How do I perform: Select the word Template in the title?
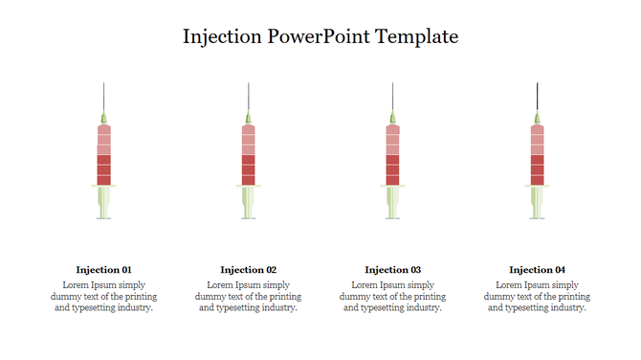click(x=417, y=37)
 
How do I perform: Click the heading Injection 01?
click(x=103, y=270)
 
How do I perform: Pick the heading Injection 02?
click(x=248, y=270)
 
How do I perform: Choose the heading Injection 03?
click(x=392, y=270)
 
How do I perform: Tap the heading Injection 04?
click(x=537, y=270)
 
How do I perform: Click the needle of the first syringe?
click(x=104, y=98)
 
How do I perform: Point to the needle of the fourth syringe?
click(x=538, y=98)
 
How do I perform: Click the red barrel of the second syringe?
click(x=249, y=155)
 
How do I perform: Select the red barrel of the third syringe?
click(x=393, y=155)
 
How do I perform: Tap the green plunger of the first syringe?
click(x=104, y=202)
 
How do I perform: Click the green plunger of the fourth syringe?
click(x=538, y=202)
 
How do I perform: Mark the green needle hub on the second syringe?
click(x=249, y=119)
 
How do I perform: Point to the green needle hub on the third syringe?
click(x=393, y=119)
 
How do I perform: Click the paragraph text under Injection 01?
click(x=103, y=296)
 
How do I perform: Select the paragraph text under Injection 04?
click(x=537, y=296)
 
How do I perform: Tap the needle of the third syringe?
click(x=393, y=98)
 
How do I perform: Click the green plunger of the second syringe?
click(x=249, y=202)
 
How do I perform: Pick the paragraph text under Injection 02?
click(x=248, y=296)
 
